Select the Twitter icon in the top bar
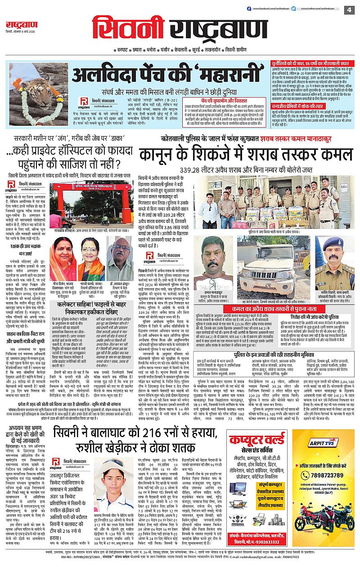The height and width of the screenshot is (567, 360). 293,9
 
